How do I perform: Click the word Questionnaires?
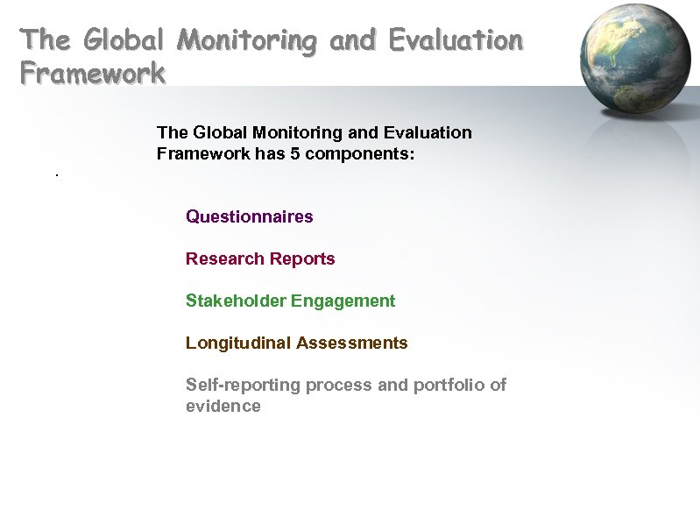click(x=249, y=216)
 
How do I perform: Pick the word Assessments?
click(x=352, y=343)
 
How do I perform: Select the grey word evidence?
click(x=223, y=406)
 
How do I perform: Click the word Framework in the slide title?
click(x=93, y=73)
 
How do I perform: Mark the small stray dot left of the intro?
click(x=56, y=176)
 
